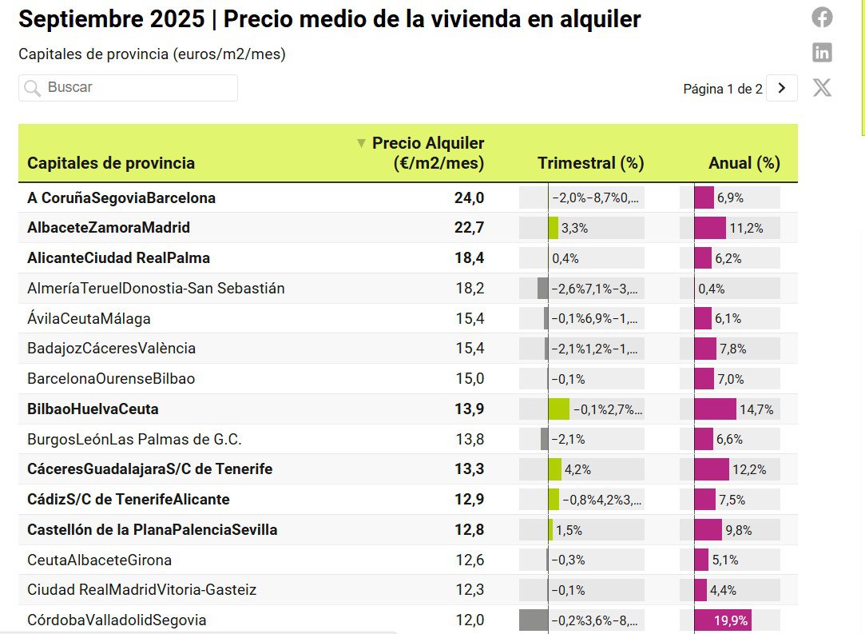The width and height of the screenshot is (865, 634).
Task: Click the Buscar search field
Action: [128, 88]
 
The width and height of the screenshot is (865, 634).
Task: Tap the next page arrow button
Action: [781, 88]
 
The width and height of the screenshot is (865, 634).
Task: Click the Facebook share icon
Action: [822, 17]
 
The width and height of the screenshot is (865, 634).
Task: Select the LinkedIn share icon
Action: [822, 53]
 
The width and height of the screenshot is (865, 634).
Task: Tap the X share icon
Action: [822, 87]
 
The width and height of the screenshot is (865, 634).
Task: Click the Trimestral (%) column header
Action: [590, 163]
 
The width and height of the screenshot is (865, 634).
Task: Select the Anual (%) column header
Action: [744, 163]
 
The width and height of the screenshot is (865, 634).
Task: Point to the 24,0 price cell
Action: [469, 197]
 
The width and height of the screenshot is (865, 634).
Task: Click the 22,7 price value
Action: [469, 228]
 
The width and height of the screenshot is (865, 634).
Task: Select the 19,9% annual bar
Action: [723, 620]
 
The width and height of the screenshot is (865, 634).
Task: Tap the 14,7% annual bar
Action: [716, 409]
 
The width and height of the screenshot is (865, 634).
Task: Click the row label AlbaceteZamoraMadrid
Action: [109, 228]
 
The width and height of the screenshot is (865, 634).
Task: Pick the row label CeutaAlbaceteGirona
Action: [99, 560]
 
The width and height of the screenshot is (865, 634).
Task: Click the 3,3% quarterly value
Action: [574, 228]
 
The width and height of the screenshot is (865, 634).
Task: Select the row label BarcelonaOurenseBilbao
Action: [111, 379]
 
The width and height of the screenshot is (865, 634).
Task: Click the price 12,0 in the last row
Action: [469, 620]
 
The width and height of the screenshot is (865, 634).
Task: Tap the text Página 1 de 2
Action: [722, 89]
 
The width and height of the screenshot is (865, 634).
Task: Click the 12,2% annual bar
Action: [712, 469]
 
